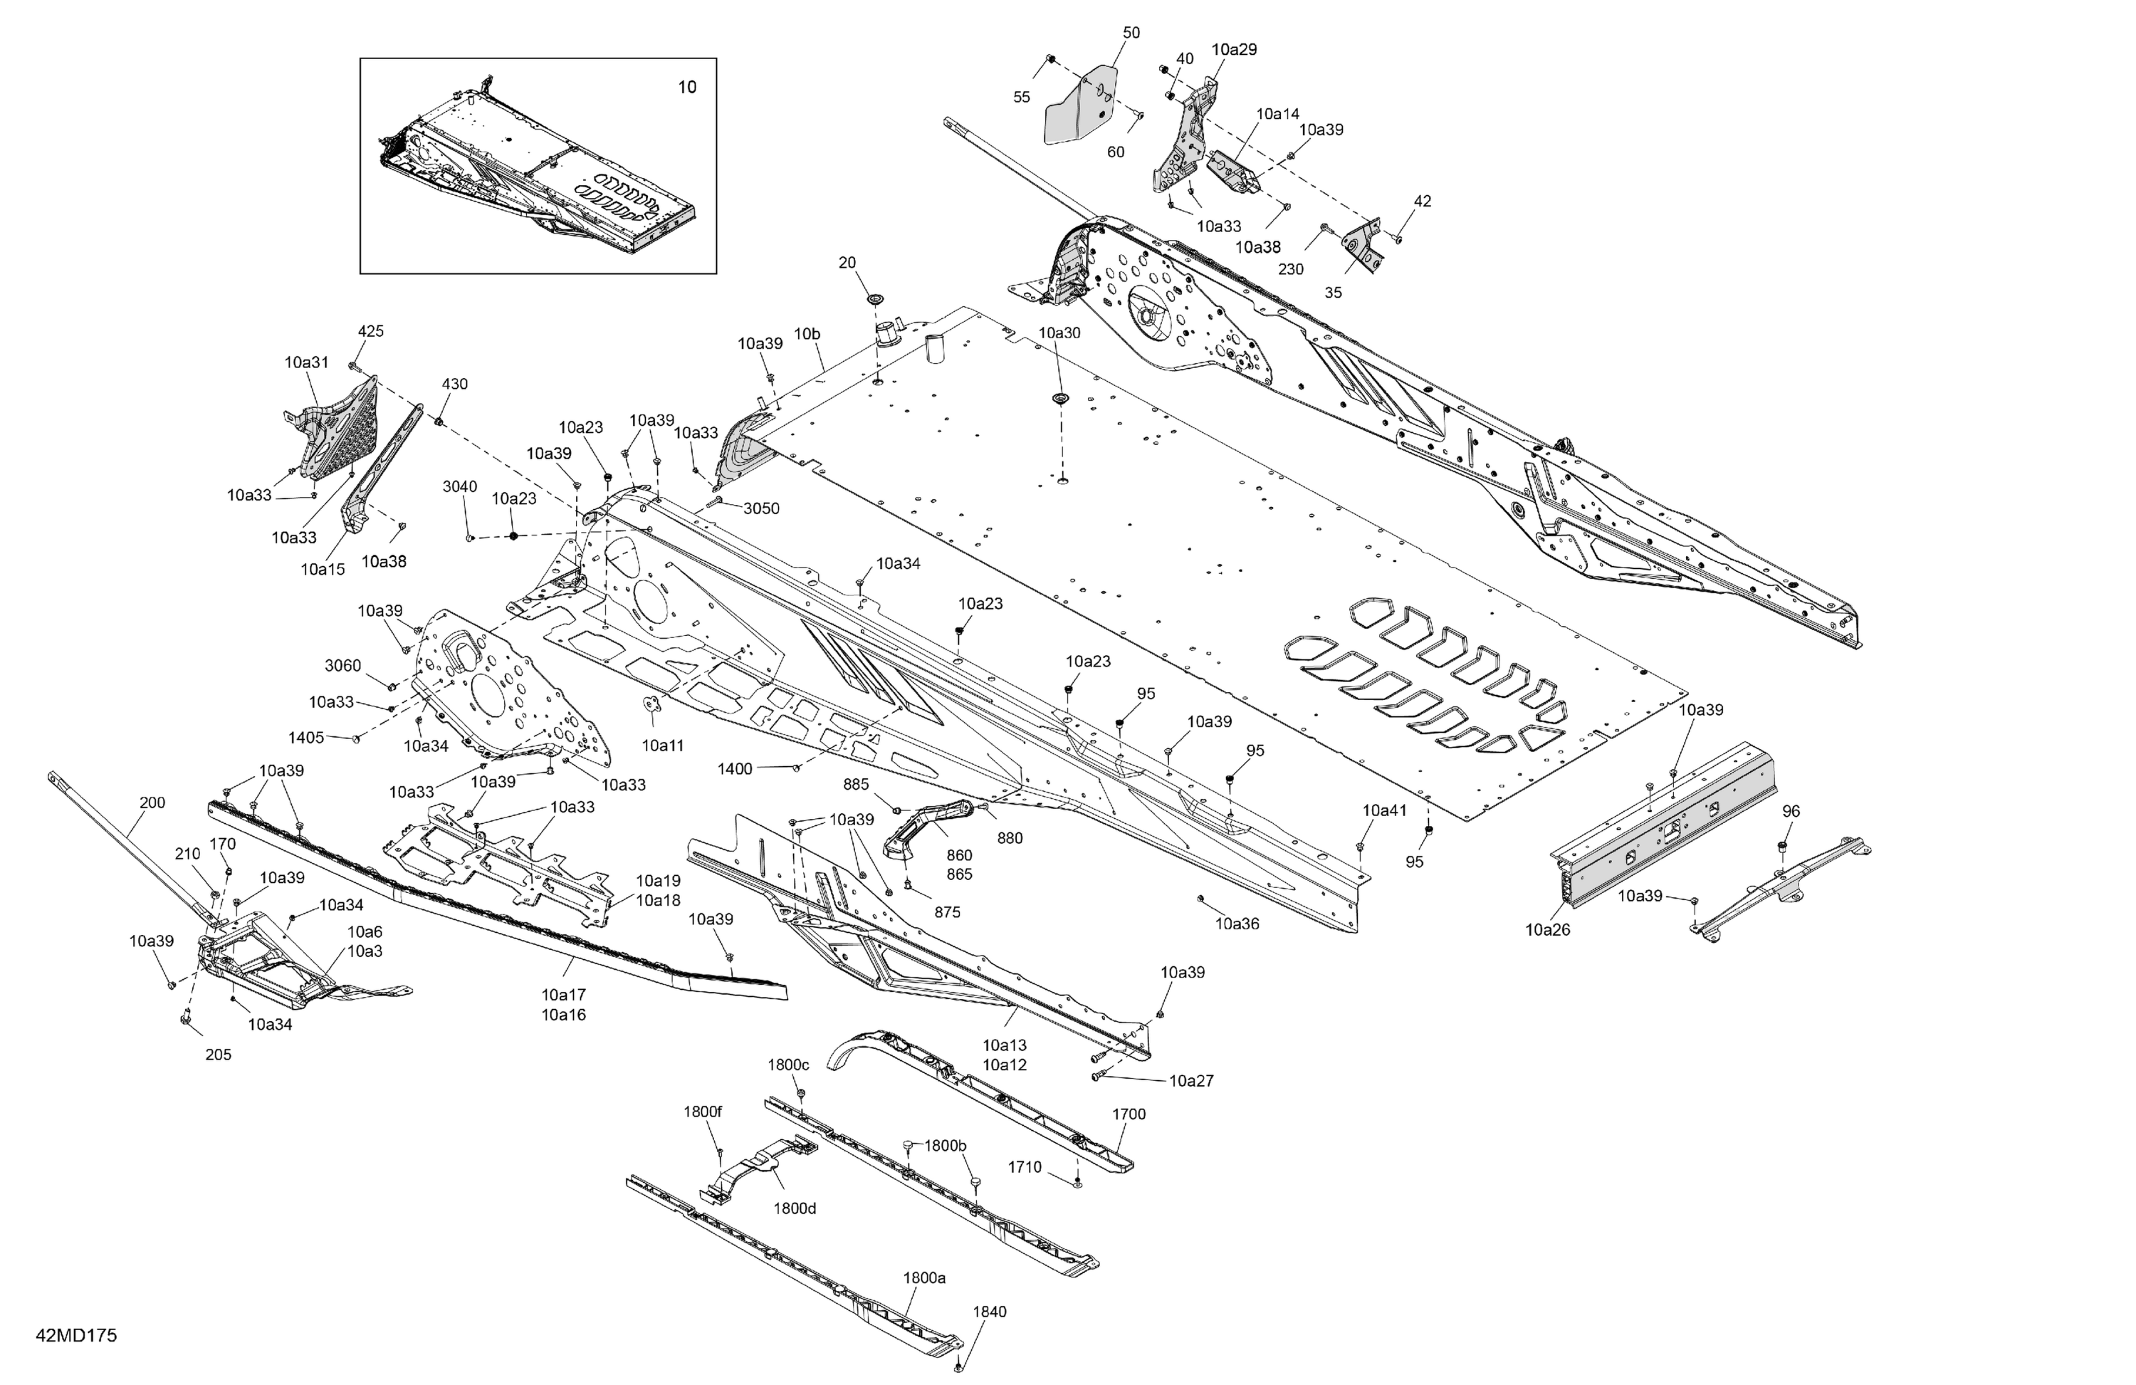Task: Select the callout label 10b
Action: (x=807, y=334)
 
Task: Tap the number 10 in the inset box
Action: (x=686, y=87)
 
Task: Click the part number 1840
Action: (x=989, y=1312)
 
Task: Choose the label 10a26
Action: (x=1548, y=930)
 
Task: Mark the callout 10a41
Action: (x=1385, y=810)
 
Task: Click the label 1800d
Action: (x=795, y=1208)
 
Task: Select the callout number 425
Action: (x=371, y=331)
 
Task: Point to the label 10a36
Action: (x=1237, y=923)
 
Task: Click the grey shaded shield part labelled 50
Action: (x=1082, y=103)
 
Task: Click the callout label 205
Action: (x=218, y=1055)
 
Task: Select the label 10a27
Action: (x=1191, y=1081)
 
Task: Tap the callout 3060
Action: (x=343, y=665)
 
